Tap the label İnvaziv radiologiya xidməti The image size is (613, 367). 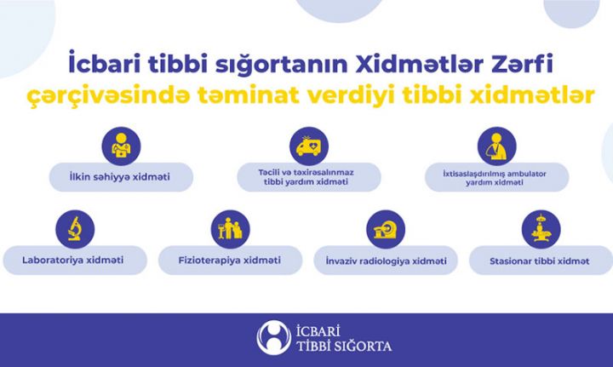pyautogui.click(x=382, y=260)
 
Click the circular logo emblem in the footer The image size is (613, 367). pyautogui.click(x=273, y=337)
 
